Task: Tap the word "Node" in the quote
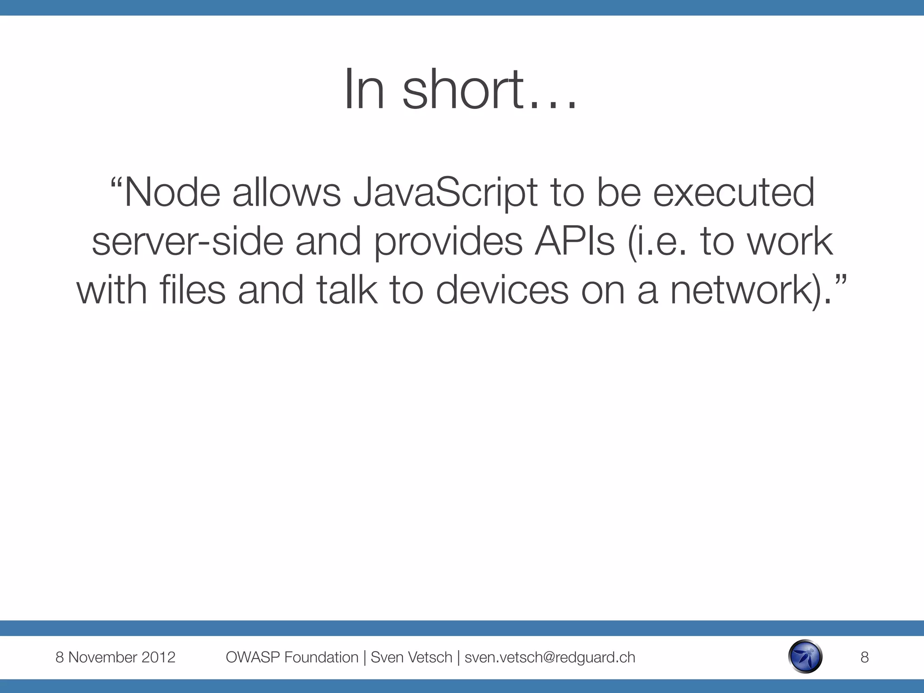172,193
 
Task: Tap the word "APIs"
574,242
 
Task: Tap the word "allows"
286,193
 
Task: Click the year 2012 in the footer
158,657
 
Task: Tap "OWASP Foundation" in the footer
292,657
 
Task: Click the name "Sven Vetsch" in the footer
411,657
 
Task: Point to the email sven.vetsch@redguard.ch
550,657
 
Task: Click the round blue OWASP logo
805,657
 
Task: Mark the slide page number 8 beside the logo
864,657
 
